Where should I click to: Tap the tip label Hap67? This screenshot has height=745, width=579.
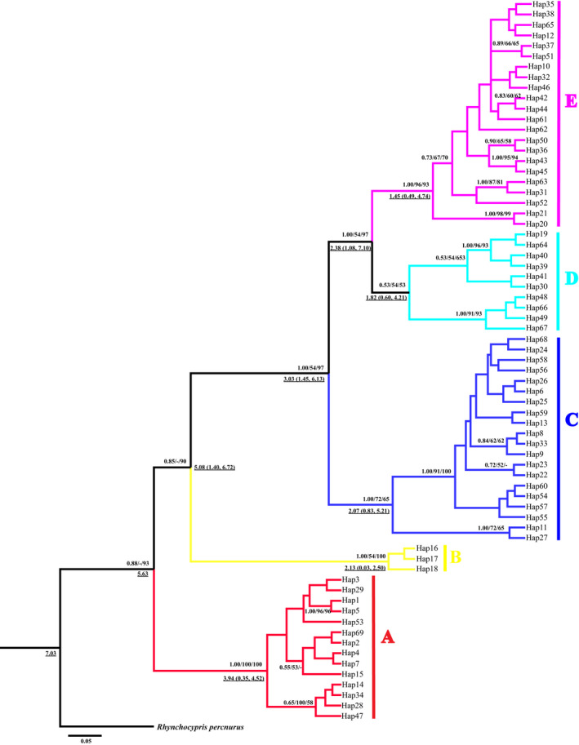tap(537, 327)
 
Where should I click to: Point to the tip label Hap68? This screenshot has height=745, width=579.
tap(537, 339)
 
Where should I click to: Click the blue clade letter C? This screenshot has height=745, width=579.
tap(572, 420)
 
